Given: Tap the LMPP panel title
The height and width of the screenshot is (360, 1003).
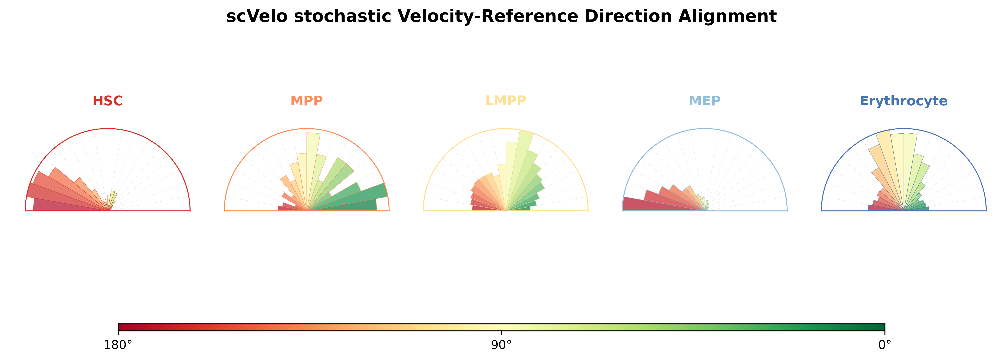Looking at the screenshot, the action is [x=505, y=101].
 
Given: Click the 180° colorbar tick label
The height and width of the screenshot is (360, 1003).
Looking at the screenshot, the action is [x=118, y=345].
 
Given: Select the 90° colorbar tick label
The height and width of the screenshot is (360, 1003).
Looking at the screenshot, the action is [x=502, y=345].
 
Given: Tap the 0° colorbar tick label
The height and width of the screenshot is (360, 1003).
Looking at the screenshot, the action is [x=885, y=345].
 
